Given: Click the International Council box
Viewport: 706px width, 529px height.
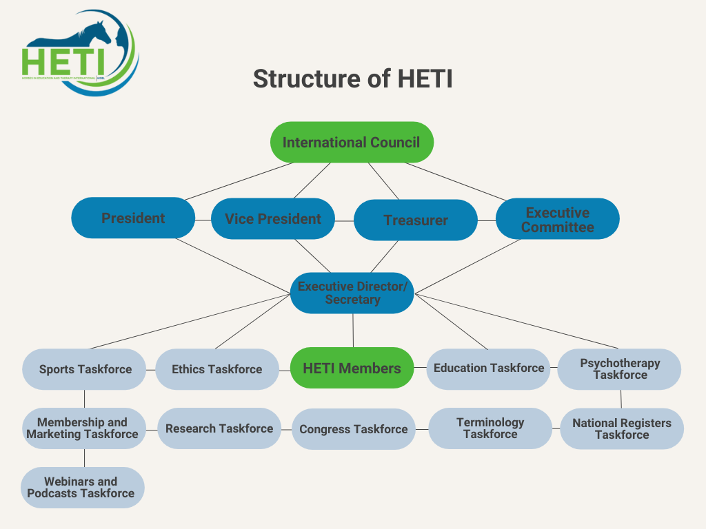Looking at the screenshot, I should (x=351, y=143).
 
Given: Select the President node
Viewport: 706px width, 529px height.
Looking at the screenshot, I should (x=133, y=218).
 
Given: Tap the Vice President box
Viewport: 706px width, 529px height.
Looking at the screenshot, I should (x=273, y=219).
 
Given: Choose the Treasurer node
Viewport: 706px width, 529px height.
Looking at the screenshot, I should (x=415, y=220).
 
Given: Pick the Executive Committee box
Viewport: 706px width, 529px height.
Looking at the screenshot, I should (x=557, y=220).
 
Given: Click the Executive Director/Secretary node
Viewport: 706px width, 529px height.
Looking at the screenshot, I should (x=352, y=293).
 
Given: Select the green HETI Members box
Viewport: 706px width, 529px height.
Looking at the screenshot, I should (x=352, y=369).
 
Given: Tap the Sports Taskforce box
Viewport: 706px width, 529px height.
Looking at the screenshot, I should (x=85, y=369).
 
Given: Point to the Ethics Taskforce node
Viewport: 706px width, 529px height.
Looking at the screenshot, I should (x=216, y=369).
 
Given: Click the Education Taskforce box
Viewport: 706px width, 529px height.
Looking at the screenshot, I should (x=488, y=369).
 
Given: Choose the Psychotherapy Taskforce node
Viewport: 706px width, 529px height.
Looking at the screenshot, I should (x=619, y=369).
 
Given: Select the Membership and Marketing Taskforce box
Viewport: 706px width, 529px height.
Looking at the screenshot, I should (x=83, y=428).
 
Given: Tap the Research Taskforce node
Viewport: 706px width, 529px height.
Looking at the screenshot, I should (x=219, y=428).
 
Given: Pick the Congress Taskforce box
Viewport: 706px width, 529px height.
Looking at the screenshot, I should (x=353, y=429).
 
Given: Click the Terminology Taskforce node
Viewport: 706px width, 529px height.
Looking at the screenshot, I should (x=490, y=428).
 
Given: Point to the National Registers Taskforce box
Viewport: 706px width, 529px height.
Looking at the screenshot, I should (x=621, y=429).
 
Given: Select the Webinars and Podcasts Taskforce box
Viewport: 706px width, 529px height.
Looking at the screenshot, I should (x=82, y=488).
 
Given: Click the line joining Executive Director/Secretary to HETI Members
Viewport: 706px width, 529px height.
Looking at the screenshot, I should (x=353, y=331).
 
